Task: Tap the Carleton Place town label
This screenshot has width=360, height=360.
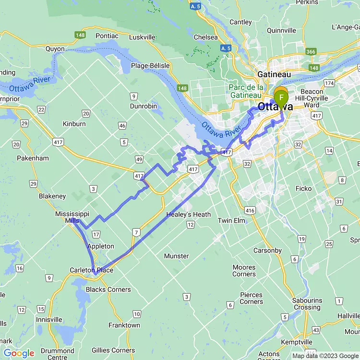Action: click(x=91, y=270)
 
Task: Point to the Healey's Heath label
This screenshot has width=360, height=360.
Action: click(x=188, y=215)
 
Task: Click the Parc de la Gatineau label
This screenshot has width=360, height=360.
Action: click(x=246, y=91)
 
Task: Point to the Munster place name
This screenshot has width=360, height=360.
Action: click(x=176, y=256)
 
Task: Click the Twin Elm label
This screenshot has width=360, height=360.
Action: click(x=231, y=220)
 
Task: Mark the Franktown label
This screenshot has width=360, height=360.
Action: click(x=124, y=325)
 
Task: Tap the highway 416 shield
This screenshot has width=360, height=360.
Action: click(x=250, y=210)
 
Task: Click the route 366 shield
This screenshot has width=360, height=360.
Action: click(x=311, y=52)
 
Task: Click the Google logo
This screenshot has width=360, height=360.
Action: click(x=19, y=353)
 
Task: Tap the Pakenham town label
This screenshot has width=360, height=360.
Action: click(x=33, y=158)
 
